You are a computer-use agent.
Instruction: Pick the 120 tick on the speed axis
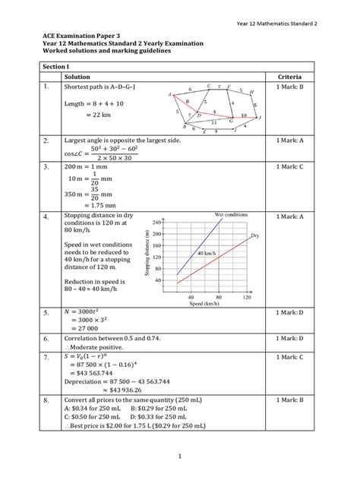click(246, 297)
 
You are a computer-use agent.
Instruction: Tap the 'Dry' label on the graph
click(255, 236)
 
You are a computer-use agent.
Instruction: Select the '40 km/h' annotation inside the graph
click(205, 251)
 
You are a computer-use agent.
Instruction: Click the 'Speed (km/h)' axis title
click(204, 304)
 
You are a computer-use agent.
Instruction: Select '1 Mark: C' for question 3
click(289, 165)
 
